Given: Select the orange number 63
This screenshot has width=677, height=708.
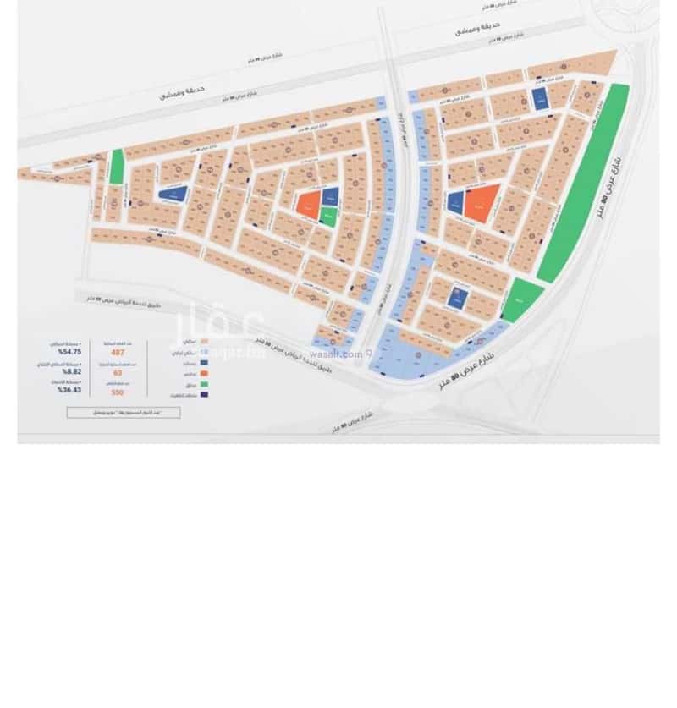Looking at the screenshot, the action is click(x=117, y=372).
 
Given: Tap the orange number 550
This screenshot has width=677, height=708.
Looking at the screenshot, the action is click(x=117, y=392).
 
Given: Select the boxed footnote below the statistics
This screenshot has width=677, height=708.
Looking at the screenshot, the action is click(x=124, y=412).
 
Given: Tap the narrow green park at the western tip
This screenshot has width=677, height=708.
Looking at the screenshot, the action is click(x=117, y=167).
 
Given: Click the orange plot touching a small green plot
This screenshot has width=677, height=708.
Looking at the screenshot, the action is click(x=309, y=202).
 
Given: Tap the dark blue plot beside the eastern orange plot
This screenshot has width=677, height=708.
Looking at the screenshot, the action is click(x=455, y=201).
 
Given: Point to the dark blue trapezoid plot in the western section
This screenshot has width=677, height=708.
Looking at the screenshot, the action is click(x=173, y=194).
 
